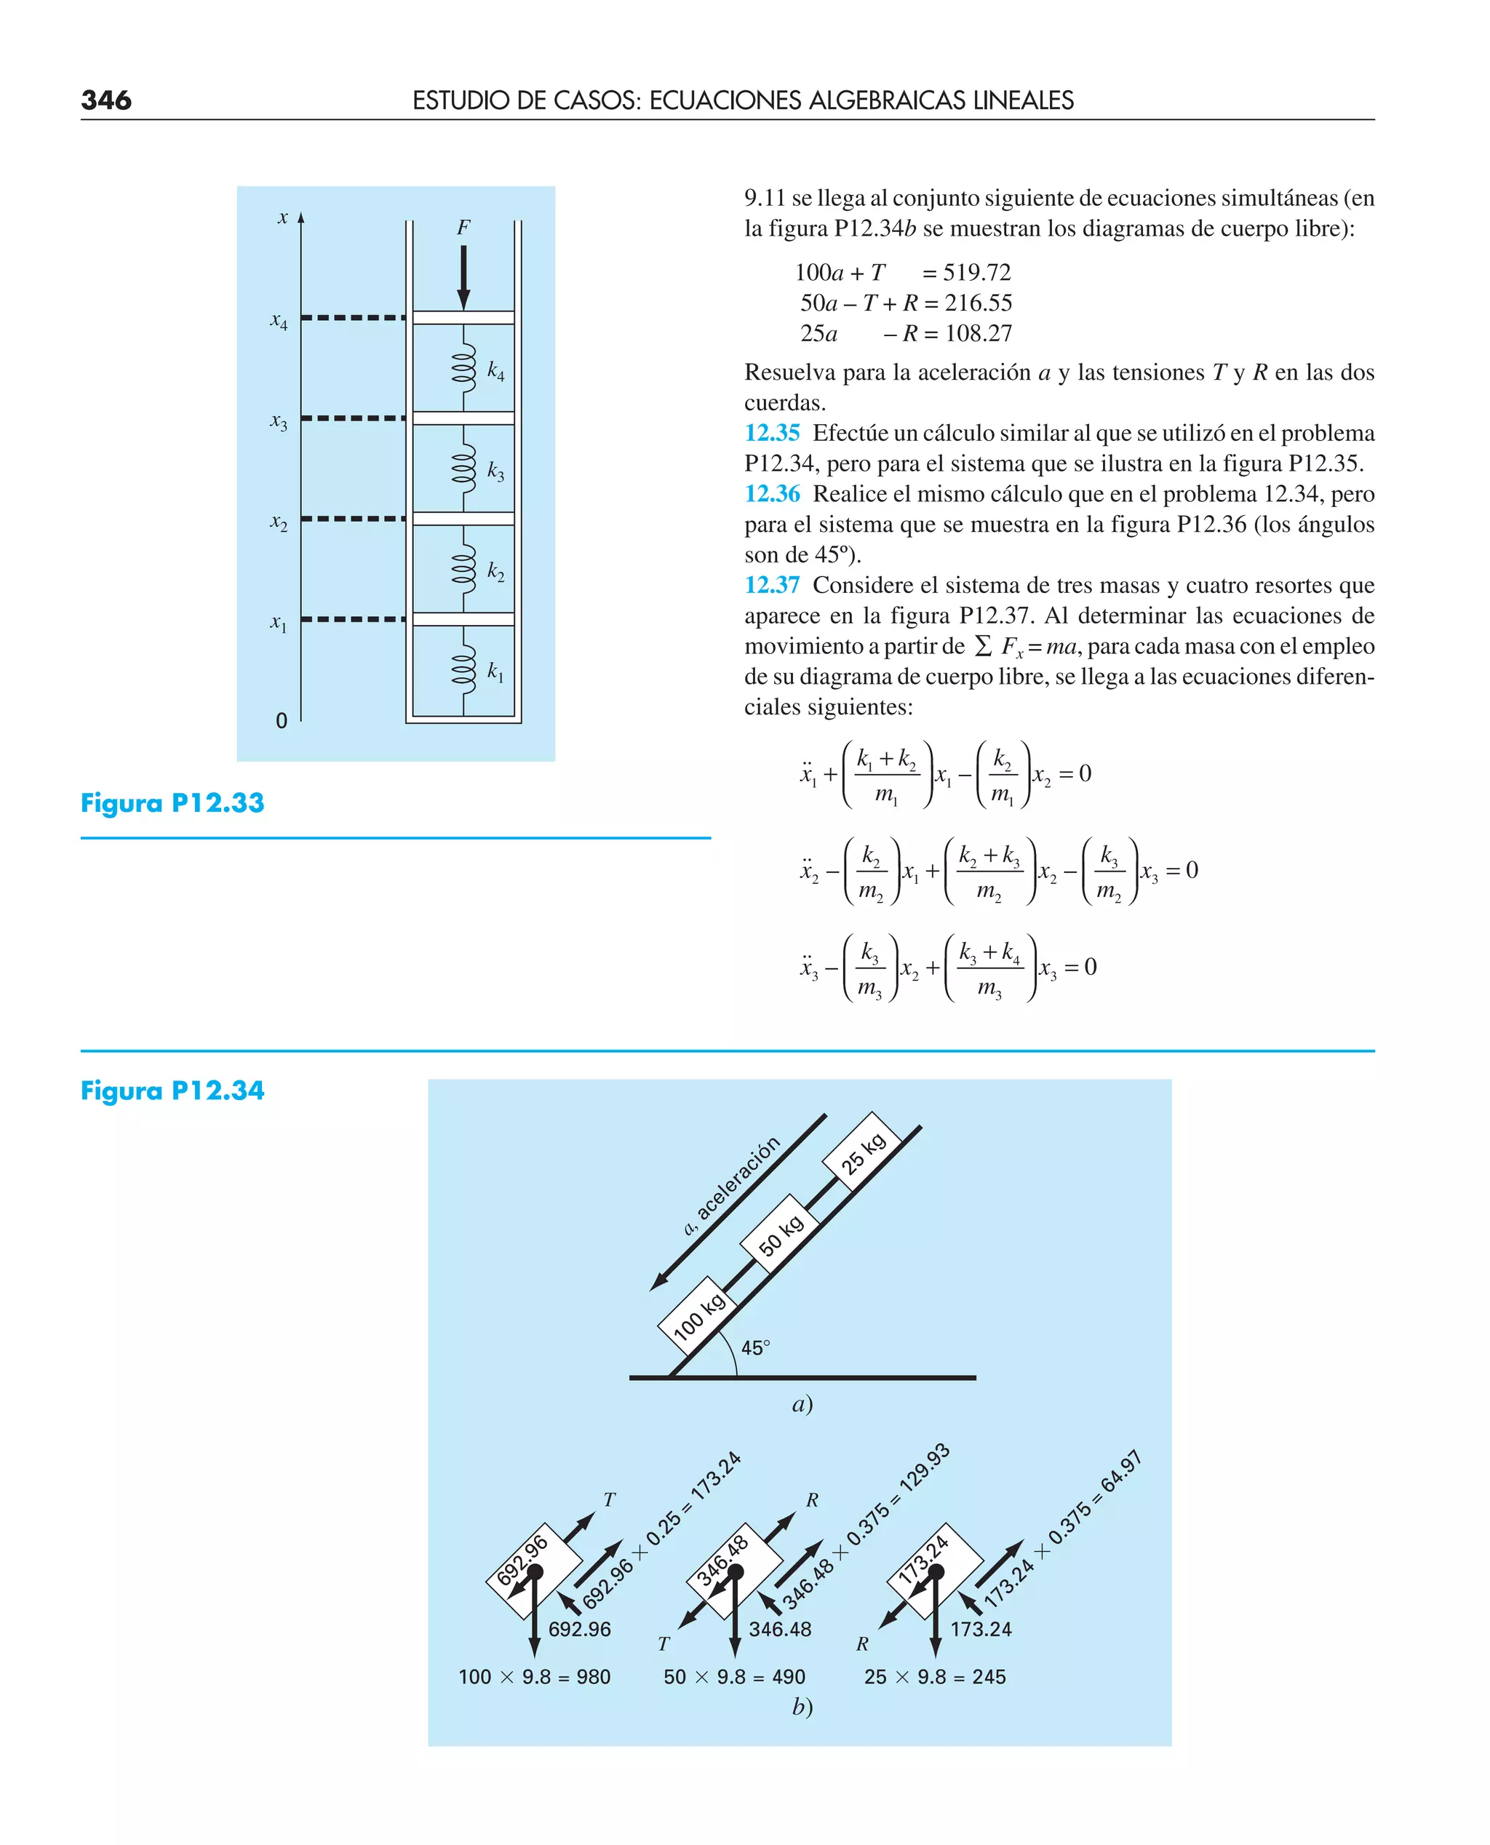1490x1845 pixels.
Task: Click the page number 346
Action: pyautogui.click(x=106, y=100)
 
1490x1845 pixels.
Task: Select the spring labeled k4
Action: pyautogui.click(x=463, y=368)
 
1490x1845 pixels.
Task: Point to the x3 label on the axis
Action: pyautogui.click(x=279, y=421)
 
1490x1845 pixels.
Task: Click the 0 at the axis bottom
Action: pyautogui.click(x=282, y=721)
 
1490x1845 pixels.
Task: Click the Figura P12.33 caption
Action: pyautogui.click(x=172, y=803)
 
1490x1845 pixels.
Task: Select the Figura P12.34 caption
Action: pyautogui.click(x=172, y=1091)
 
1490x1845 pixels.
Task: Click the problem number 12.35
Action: pyautogui.click(x=772, y=434)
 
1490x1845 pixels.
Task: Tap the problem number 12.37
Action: pyautogui.click(x=772, y=585)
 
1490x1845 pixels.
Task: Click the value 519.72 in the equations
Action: pyautogui.click(x=977, y=273)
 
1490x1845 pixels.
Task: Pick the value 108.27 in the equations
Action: pyautogui.click(x=979, y=334)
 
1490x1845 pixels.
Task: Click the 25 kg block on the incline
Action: pyautogui.click(x=861, y=1152)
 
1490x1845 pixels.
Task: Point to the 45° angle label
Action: pyautogui.click(x=755, y=1348)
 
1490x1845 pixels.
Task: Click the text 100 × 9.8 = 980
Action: pyautogui.click(x=534, y=1677)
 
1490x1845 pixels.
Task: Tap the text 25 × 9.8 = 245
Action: pyautogui.click(x=935, y=1677)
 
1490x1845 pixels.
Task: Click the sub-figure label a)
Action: pyautogui.click(x=802, y=1405)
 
